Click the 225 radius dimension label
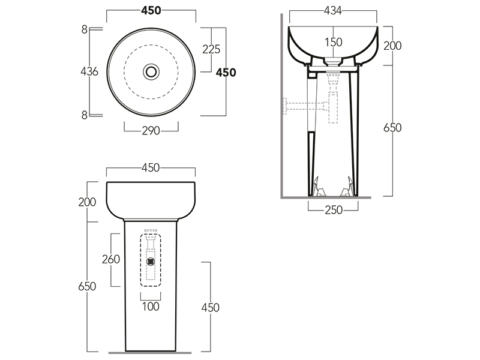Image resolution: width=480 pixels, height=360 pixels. pos(211,49)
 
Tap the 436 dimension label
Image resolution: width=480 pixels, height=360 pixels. pos(89,71)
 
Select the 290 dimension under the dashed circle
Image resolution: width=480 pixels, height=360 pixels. pos(151,131)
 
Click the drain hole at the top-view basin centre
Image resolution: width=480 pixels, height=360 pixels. pos(151,71)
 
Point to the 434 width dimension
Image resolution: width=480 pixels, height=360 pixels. pos(333,11)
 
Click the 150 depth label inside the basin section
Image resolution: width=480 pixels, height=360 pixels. pos(334,42)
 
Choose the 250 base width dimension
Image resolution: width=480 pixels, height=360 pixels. pos(334,210)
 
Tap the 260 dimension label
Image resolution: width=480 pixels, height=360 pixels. pos(111,259)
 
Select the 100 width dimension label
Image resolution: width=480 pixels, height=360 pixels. pos(151,307)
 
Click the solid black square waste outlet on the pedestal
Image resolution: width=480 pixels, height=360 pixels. pos(151,262)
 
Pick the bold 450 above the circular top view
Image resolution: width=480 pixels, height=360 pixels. pos(151,11)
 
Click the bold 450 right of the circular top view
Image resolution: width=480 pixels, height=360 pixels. pos(226,73)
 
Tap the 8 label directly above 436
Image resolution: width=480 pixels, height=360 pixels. pos(85,29)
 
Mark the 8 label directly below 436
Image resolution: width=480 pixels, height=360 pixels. pos(85,115)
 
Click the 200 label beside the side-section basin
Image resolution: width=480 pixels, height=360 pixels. pos(392,46)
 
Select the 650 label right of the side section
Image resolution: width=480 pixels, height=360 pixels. pos(392,128)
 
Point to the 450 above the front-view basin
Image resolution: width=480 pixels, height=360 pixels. pos(151,168)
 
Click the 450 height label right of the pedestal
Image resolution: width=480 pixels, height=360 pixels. pos(211,308)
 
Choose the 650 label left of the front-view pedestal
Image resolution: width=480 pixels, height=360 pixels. pos(87,287)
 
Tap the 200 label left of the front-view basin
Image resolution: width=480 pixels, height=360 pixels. pos(87,202)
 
